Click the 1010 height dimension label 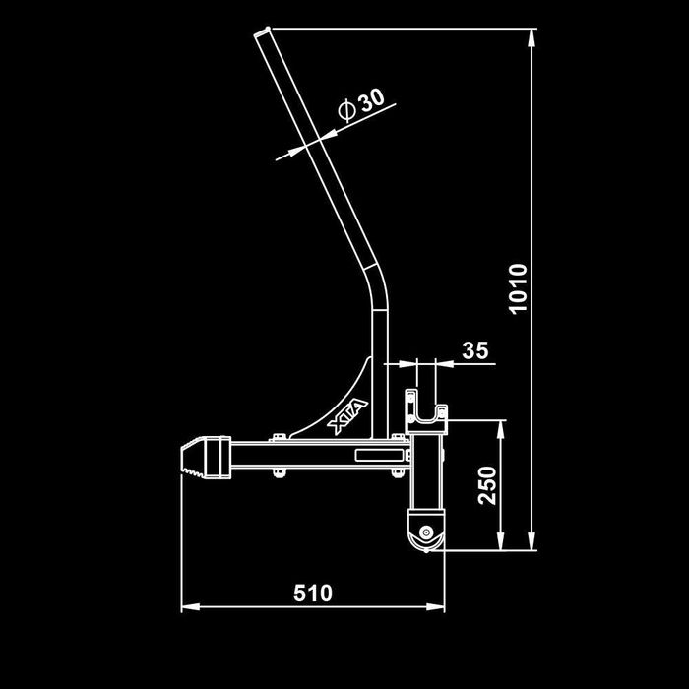pos(519,288)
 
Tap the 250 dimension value pos(487,485)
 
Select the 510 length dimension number pos(313,594)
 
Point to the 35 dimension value pos(475,350)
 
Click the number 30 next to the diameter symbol pos(371,100)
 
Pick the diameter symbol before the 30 pos(346,110)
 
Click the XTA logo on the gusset pos(347,415)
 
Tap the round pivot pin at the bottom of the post pos(425,532)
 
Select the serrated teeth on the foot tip pos(193,471)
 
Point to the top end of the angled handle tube pos(263,32)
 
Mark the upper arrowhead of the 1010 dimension pos(532,37)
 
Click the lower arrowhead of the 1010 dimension pos(532,541)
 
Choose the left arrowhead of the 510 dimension pos(190,607)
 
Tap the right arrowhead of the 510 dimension pos(435,607)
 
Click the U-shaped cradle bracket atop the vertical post pos(426,412)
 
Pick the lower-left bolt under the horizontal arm pos(279,472)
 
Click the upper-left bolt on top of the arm pos(277,437)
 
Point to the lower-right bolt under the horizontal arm pos(398,472)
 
